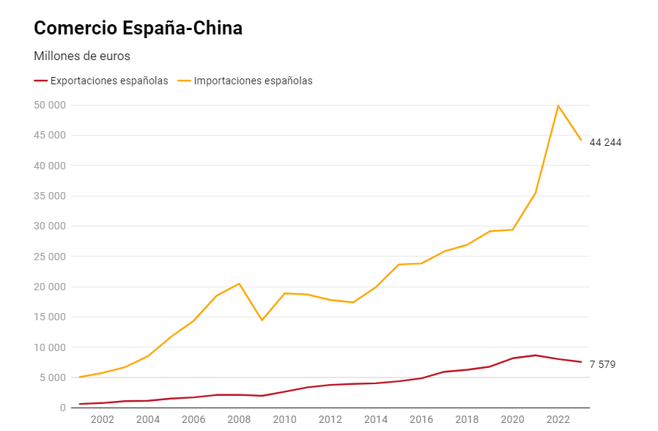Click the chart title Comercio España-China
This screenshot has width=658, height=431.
(x=138, y=28)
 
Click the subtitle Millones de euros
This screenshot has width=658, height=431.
(x=82, y=56)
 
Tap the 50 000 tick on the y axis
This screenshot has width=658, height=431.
(x=50, y=105)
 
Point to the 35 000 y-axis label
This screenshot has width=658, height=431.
(x=50, y=196)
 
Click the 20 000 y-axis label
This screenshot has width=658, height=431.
(x=50, y=287)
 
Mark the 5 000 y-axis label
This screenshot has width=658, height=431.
(x=53, y=377)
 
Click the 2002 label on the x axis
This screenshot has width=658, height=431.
(x=102, y=419)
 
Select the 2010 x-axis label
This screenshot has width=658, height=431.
(x=284, y=419)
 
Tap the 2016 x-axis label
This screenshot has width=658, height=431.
(x=421, y=419)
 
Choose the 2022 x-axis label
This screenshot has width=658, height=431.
(x=558, y=419)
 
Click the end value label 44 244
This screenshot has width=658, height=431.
(x=605, y=142)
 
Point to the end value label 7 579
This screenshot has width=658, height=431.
(x=602, y=364)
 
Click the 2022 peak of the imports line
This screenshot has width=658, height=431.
(x=558, y=106)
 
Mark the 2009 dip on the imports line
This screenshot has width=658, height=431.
(x=262, y=320)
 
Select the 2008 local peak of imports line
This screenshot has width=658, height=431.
(x=239, y=284)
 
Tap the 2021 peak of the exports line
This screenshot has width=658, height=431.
(x=536, y=355)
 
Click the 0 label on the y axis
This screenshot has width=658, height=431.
(x=63, y=408)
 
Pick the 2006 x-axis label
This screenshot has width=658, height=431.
(x=193, y=419)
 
